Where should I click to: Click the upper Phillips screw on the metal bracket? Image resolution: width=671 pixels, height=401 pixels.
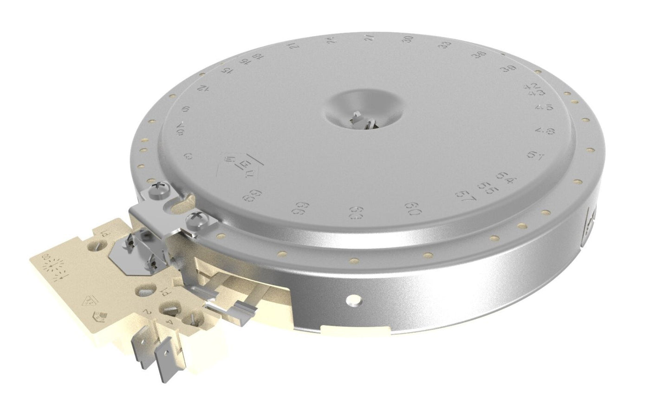(157, 189)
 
